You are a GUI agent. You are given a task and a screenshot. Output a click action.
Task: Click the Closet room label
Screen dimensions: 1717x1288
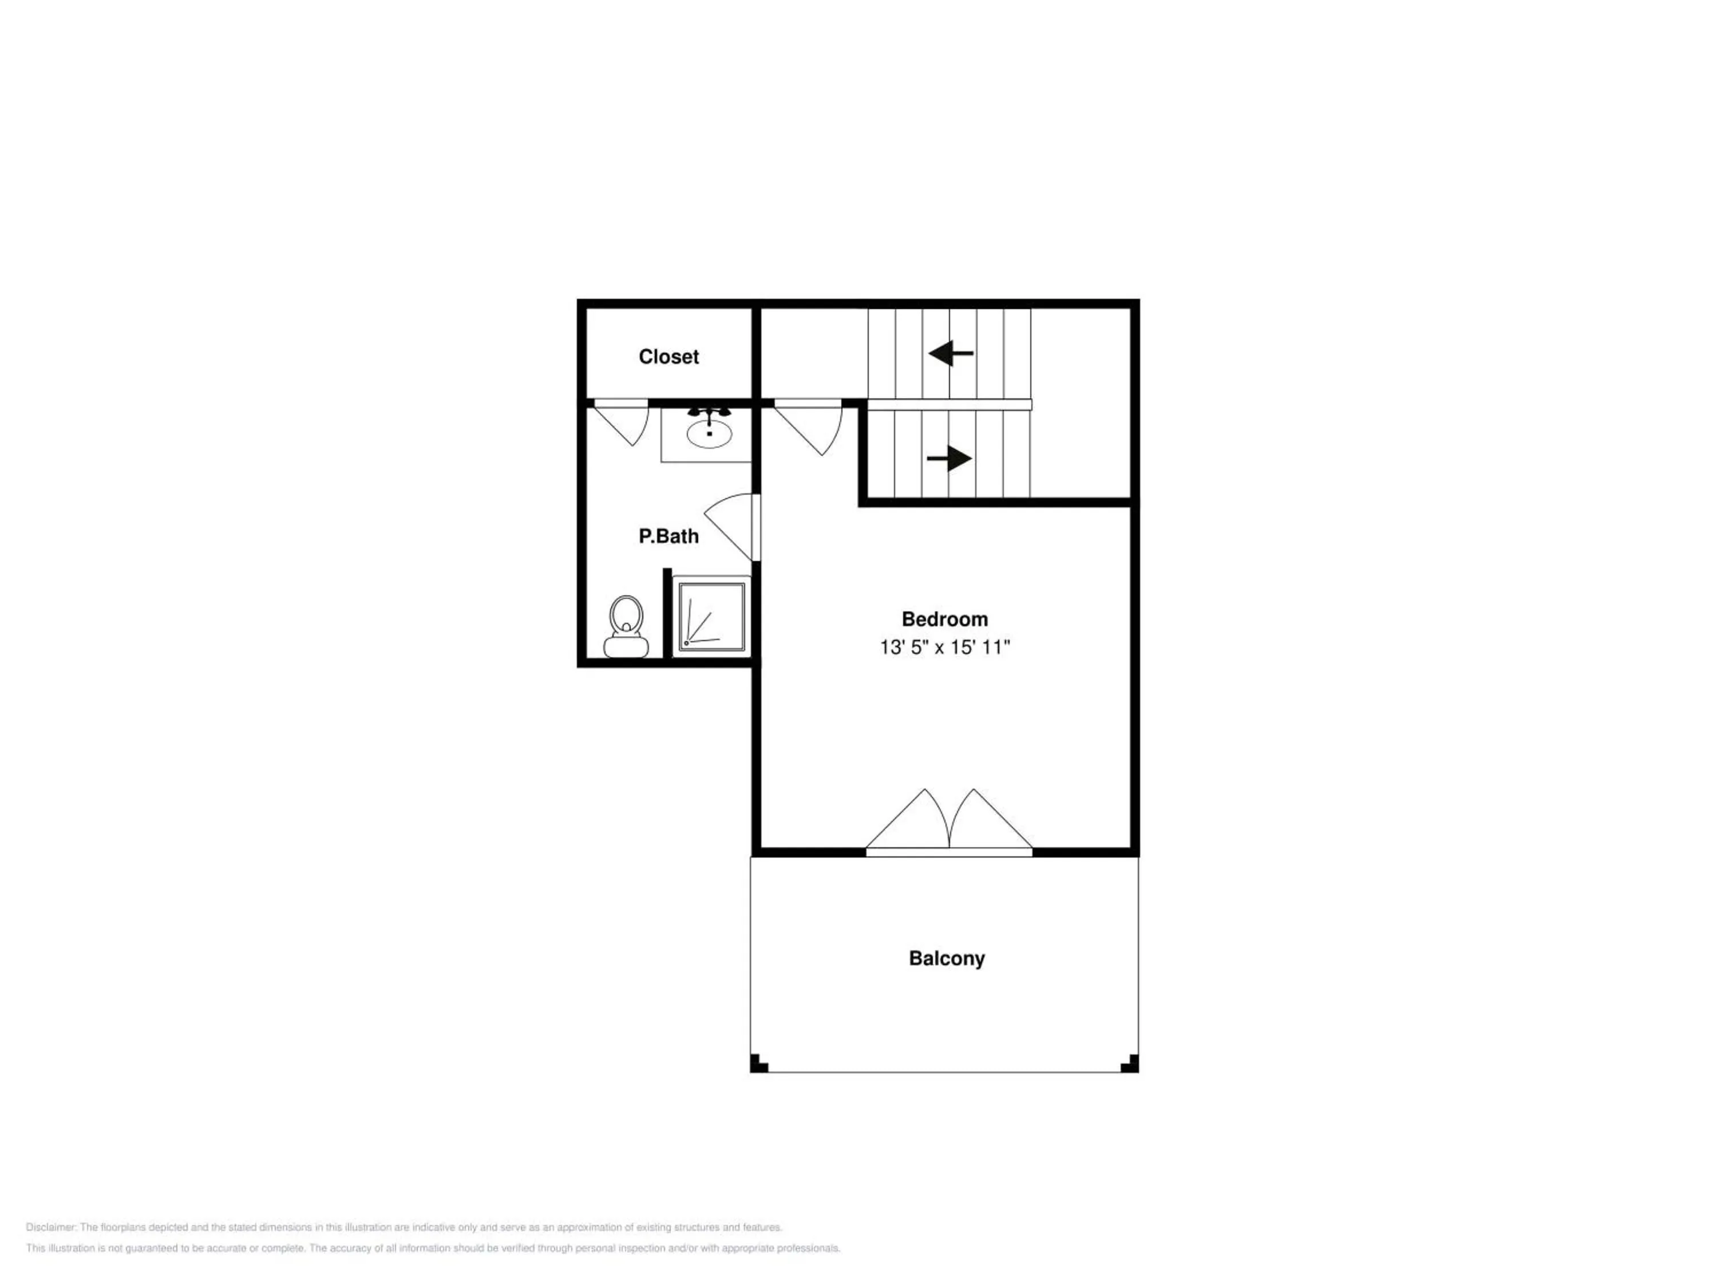[x=668, y=357]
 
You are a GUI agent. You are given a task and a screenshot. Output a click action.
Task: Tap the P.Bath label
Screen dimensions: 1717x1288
[x=668, y=536]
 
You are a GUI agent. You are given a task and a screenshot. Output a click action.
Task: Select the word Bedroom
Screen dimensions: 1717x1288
[x=945, y=619]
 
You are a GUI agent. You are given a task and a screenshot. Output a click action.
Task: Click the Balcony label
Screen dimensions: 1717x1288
[x=947, y=958]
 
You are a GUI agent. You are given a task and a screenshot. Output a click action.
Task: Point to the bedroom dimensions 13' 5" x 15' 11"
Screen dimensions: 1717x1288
[x=945, y=647]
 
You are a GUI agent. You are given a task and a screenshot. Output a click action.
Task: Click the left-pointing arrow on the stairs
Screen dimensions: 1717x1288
[x=951, y=353]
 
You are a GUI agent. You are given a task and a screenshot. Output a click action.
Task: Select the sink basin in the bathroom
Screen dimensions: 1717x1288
[x=709, y=434]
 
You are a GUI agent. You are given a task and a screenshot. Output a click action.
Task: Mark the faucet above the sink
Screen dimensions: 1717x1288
[x=709, y=412]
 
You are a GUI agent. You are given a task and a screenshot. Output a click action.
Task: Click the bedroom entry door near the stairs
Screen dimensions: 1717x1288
[x=808, y=426]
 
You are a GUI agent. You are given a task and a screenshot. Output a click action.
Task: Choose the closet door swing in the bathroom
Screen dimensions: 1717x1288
[x=621, y=422]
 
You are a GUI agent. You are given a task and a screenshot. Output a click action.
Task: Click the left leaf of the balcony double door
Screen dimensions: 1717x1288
[x=907, y=822]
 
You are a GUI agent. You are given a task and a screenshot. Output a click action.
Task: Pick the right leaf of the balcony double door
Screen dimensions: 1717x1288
[x=991, y=822]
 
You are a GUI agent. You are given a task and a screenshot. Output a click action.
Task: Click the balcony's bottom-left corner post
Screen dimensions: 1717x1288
[x=758, y=1064]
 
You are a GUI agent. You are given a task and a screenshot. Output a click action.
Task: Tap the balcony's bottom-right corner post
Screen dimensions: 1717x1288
[x=1130, y=1064]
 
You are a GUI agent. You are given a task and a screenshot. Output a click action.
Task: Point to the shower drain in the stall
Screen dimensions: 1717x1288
[x=686, y=643]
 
